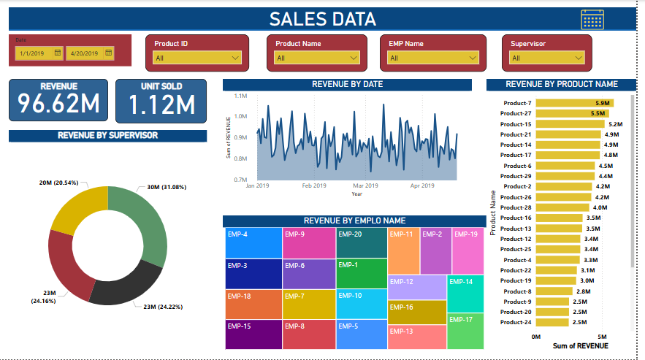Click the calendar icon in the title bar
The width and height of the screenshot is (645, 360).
[x=592, y=20]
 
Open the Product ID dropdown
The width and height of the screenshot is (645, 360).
[x=196, y=58]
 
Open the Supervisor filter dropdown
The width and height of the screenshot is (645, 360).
[x=547, y=58]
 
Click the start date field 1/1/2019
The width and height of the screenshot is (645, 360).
[x=39, y=53]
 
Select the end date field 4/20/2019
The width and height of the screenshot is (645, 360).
[x=89, y=53]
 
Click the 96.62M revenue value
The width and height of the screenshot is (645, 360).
[x=58, y=104]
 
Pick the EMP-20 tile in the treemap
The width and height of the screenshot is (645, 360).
[x=361, y=242]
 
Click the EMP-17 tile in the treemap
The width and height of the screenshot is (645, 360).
[x=465, y=331]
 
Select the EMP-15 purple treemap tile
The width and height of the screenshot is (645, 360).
[x=253, y=334]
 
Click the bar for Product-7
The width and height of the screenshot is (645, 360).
[x=574, y=103]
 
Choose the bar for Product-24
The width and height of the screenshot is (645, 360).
[x=552, y=322]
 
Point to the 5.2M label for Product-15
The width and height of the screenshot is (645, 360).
[x=615, y=124]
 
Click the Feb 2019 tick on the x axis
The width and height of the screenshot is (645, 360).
[x=314, y=186]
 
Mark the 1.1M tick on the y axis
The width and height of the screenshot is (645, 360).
[x=241, y=96]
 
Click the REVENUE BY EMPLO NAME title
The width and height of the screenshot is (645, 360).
[x=354, y=221]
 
